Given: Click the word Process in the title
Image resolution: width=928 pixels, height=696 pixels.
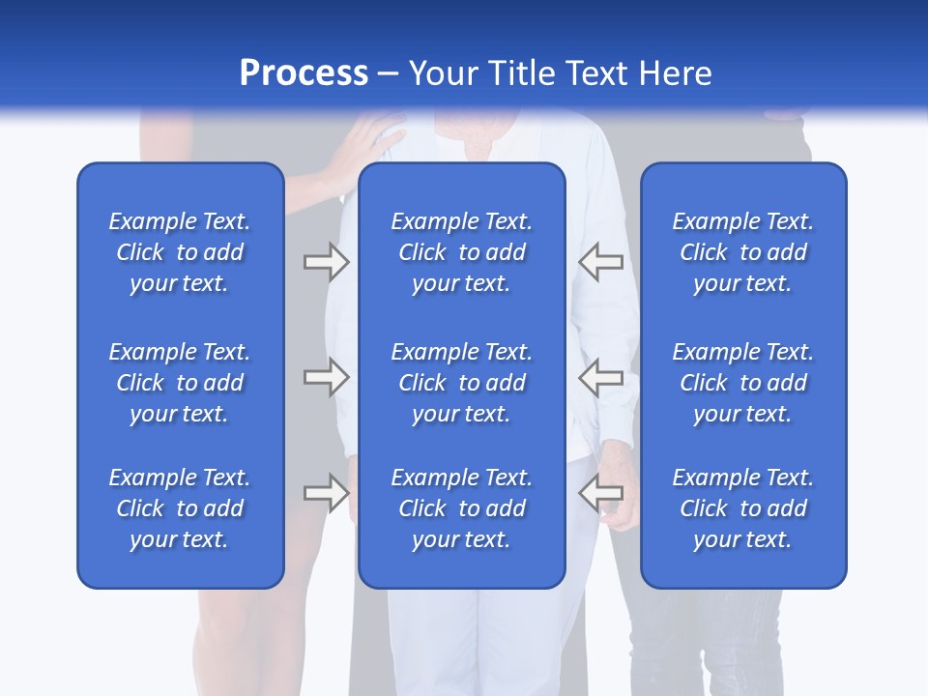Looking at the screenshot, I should pyautogui.click(x=304, y=73).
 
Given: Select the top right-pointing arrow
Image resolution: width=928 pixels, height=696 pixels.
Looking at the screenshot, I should pyautogui.click(x=326, y=262).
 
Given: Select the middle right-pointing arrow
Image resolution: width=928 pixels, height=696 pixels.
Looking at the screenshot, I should pyautogui.click(x=326, y=377).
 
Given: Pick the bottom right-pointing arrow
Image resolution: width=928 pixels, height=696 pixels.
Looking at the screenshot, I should pyautogui.click(x=326, y=493).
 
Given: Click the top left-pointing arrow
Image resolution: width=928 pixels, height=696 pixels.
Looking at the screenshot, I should pyautogui.click(x=600, y=262).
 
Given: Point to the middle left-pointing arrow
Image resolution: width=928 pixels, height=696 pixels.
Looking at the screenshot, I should pyautogui.click(x=600, y=377).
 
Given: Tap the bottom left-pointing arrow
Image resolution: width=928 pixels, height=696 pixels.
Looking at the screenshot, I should pyautogui.click(x=600, y=493).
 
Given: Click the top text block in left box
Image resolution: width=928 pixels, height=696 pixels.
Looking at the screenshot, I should pyautogui.click(x=180, y=252).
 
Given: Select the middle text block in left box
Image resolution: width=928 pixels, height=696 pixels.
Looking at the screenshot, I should pyautogui.click(x=180, y=383).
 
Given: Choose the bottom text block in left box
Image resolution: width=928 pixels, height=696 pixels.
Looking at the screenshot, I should pyautogui.click(x=180, y=508).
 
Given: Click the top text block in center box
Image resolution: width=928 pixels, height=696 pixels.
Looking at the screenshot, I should pyautogui.click(x=461, y=252).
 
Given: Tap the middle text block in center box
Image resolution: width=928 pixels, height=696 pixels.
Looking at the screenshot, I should pyautogui.click(x=461, y=383).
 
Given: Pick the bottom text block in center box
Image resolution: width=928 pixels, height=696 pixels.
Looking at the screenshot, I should pyautogui.click(x=461, y=508).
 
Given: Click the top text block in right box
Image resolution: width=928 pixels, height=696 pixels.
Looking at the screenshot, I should pyautogui.click(x=742, y=252).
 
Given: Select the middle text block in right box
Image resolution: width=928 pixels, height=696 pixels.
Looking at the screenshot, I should pyautogui.click(x=742, y=383).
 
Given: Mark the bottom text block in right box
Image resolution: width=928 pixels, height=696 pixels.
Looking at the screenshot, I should pyautogui.click(x=742, y=508).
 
